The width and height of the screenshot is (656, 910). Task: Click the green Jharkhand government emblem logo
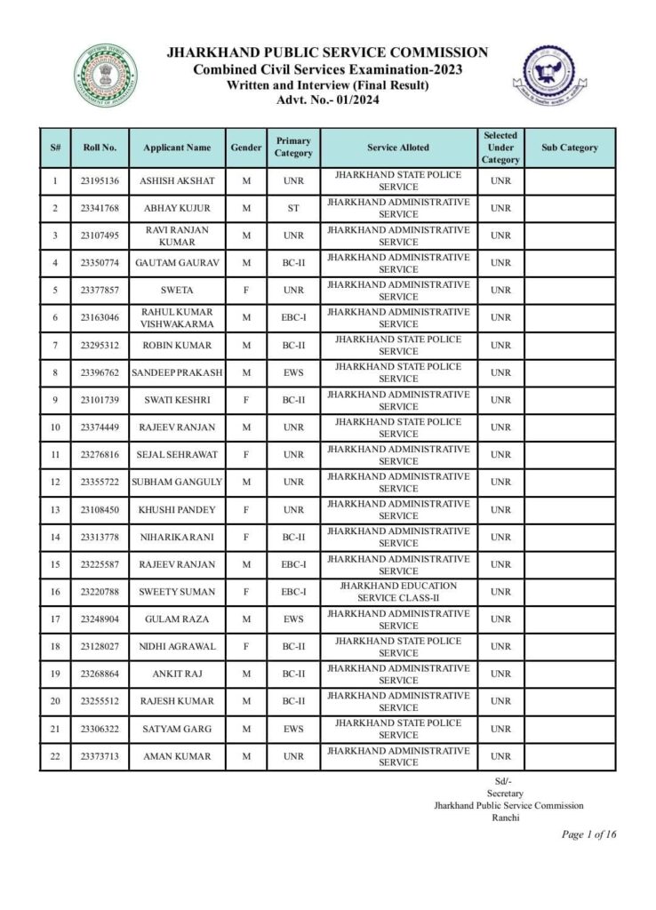click(105, 76)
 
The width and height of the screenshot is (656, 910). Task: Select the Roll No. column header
click(100, 148)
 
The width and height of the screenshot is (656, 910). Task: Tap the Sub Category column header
click(569, 148)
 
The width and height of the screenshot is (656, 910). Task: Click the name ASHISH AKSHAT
click(178, 181)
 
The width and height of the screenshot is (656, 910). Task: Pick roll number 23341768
click(100, 209)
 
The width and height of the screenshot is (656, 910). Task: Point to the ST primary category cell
click(293, 209)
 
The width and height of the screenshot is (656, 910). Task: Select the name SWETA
click(178, 291)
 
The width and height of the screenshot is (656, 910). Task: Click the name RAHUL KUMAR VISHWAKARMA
click(178, 318)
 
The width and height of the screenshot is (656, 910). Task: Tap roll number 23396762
click(100, 372)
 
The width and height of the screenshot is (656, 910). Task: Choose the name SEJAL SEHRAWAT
click(178, 455)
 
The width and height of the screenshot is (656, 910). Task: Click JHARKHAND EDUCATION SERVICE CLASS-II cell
click(397, 592)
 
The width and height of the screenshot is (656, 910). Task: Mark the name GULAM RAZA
click(178, 619)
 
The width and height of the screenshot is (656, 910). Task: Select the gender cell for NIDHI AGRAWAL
click(246, 647)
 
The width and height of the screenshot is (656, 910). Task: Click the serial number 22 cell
click(55, 756)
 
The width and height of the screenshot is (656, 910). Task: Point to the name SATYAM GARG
click(178, 729)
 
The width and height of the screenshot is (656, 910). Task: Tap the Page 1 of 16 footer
click(588, 834)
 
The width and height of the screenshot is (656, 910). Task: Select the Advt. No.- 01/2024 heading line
click(327, 100)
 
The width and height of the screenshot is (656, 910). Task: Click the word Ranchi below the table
click(505, 818)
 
